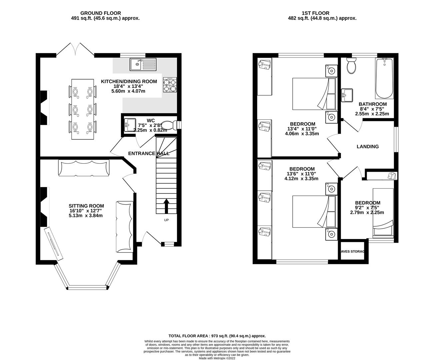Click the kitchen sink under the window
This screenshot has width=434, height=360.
(x=143, y=65)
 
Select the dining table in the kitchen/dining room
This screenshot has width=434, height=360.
(x=82, y=109)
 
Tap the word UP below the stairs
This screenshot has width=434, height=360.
(x=166, y=220)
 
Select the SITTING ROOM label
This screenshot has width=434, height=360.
(x=86, y=206)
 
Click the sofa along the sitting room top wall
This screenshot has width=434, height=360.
(x=84, y=168)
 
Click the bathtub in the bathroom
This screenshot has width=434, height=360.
(x=384, y=79)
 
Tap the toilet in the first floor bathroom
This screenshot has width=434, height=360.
(x=351, y=66)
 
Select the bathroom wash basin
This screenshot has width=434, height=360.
(x=347, y=95)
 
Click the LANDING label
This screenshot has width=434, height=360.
(x=368, y=146)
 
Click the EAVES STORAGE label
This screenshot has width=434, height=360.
(x=352, y=252)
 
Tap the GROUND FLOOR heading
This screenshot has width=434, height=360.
(x=96, y=13)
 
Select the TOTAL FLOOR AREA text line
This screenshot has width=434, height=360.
(x=217, y=336)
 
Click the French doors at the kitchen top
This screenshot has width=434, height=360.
(x=75, y=50)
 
